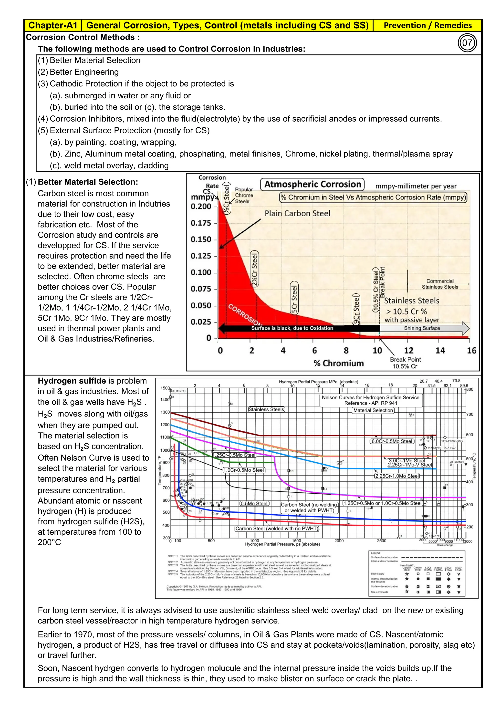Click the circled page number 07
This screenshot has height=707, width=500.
pyautogui.click(x=467, y=43)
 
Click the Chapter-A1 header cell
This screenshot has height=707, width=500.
pyautogui.click(x=53, y=25)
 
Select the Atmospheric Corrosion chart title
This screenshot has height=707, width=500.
pyautogui.click(x=312, y=185)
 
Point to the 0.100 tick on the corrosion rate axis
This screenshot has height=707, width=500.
pyautogui.click(x=201, y=272)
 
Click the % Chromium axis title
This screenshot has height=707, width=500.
pyautogui.click(x=338, y=363)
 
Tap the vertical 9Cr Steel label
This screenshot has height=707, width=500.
pyautogui.click(x=356, y=309)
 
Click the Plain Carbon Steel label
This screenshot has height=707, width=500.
pyautogui.click(x=297, y=213)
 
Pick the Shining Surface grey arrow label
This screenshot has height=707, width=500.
pyautogui.click(x=422, y=328)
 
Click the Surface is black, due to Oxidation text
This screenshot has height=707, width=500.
pyautogui.click(x=292, y=328)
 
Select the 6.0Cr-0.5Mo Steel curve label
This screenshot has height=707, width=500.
pyautogui.click(x=392, y=441)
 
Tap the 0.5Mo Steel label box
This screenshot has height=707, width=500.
pyautogui.click(x=254, y=503)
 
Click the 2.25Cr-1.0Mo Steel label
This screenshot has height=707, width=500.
pyautogui.click(x=397, y=476)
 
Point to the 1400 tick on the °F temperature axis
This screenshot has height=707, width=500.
pyautogui.click(x=165, y=400)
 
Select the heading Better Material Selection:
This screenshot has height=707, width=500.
pyautogui.click(x=88, y=182)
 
